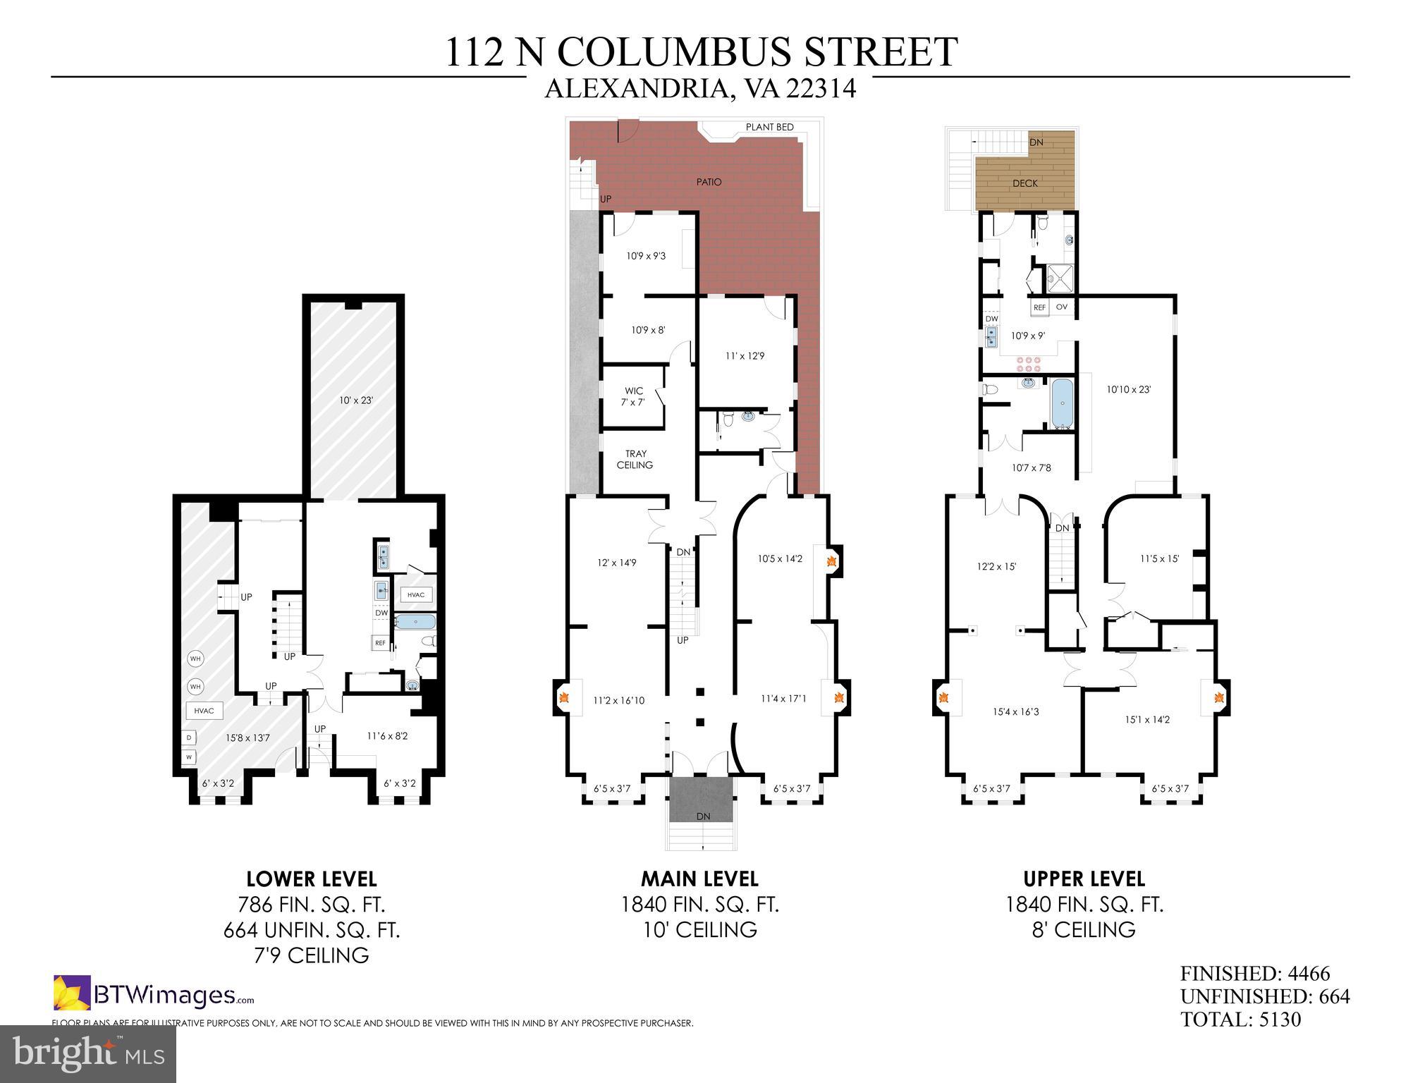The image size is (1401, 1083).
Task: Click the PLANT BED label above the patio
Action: [769, 127]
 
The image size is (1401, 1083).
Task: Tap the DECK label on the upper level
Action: [1024, 183]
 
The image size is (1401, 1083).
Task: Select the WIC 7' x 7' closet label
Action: [634, 396]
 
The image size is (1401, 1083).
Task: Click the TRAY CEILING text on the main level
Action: [635, 459]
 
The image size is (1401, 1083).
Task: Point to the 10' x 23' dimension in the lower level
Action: [355, 400]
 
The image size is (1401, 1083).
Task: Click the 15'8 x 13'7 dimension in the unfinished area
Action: [247, 738]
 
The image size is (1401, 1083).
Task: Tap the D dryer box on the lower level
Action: [189, 738]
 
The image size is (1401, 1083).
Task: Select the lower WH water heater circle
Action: [195, 686]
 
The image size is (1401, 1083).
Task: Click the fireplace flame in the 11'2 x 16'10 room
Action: [564, 698]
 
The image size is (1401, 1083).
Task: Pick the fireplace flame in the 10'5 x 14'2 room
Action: [831, 562]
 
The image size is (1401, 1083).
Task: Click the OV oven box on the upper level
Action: [1061, 307]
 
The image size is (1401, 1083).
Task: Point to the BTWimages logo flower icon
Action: [72, 993]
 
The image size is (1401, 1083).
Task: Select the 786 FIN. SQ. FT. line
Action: [312, 905]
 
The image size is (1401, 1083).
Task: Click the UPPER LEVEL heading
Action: [1084, 879]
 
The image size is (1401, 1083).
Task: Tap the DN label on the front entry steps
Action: [703, 816]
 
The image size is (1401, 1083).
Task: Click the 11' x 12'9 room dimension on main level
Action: [745, 356]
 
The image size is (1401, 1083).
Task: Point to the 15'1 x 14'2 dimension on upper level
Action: [1147, 720]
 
